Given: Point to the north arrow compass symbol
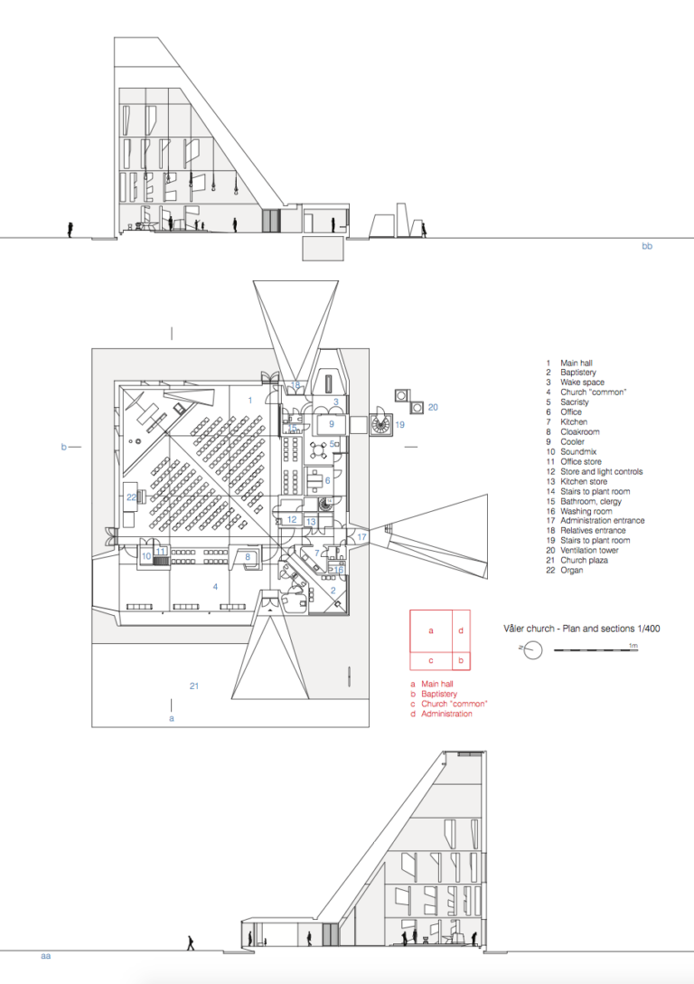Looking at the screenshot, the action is tap(531, 649).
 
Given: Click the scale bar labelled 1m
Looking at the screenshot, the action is tap(596, 651).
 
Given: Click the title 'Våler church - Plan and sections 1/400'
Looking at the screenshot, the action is tap(582, 629).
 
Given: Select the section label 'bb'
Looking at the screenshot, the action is tap(647, 246).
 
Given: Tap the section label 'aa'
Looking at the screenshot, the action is tap(46, 956).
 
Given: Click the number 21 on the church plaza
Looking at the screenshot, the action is tap(194, 686).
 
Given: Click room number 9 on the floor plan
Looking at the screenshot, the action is tap(332, 423).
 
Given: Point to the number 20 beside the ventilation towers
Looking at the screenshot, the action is tap(433, 407).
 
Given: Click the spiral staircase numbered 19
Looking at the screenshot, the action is tap(380, 425).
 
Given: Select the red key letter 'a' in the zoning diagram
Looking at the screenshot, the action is tap(431, 630).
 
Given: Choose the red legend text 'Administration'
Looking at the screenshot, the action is tap(446, 714).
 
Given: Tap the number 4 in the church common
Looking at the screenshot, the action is tap(215, 587).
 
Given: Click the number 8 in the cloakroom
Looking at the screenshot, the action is tap(248, 556).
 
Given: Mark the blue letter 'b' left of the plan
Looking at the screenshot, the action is tap(63, 447).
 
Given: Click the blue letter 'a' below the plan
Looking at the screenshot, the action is tap(172, 718).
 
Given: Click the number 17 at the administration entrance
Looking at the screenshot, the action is tap(361, 537).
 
